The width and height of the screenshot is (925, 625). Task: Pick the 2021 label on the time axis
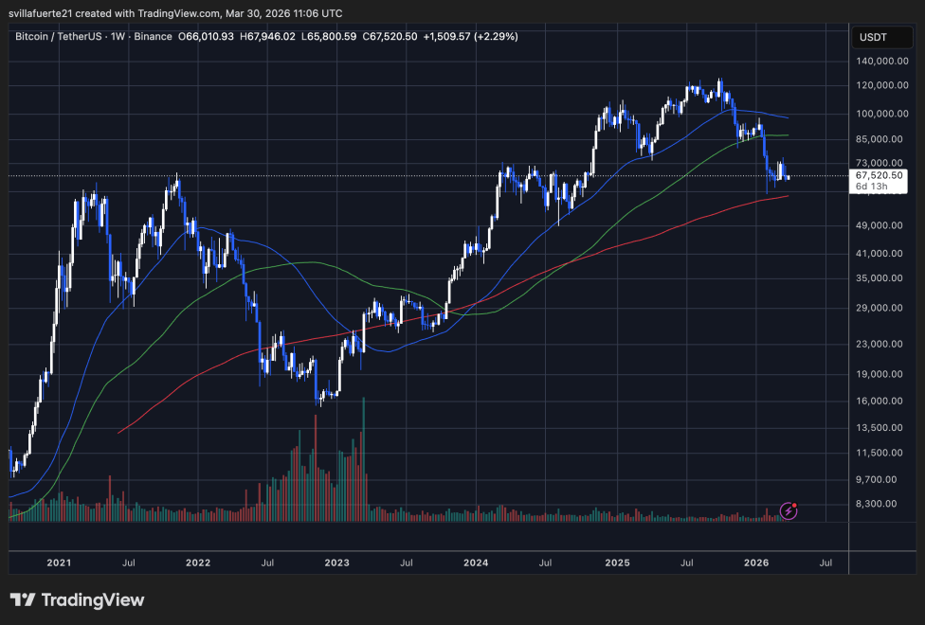[59, 562]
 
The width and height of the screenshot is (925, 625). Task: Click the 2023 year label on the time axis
[337, 562]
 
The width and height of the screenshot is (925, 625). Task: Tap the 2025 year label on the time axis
[617, 562]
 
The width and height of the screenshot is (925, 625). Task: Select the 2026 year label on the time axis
[756, 562]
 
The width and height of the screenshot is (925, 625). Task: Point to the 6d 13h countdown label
[872, 187]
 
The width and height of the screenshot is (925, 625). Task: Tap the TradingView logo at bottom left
[78, 600]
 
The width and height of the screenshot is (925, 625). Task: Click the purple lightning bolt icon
[789, 511]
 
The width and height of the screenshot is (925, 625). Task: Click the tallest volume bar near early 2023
[364, 459]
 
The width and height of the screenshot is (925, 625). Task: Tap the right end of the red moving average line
[788, 196]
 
